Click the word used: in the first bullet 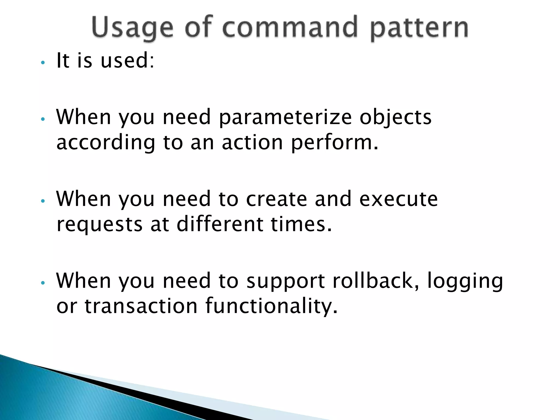point(127,60)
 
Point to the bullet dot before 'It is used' point(42,63)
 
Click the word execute point(398,199)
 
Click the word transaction point(141,306)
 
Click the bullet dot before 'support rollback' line point(42,283)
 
